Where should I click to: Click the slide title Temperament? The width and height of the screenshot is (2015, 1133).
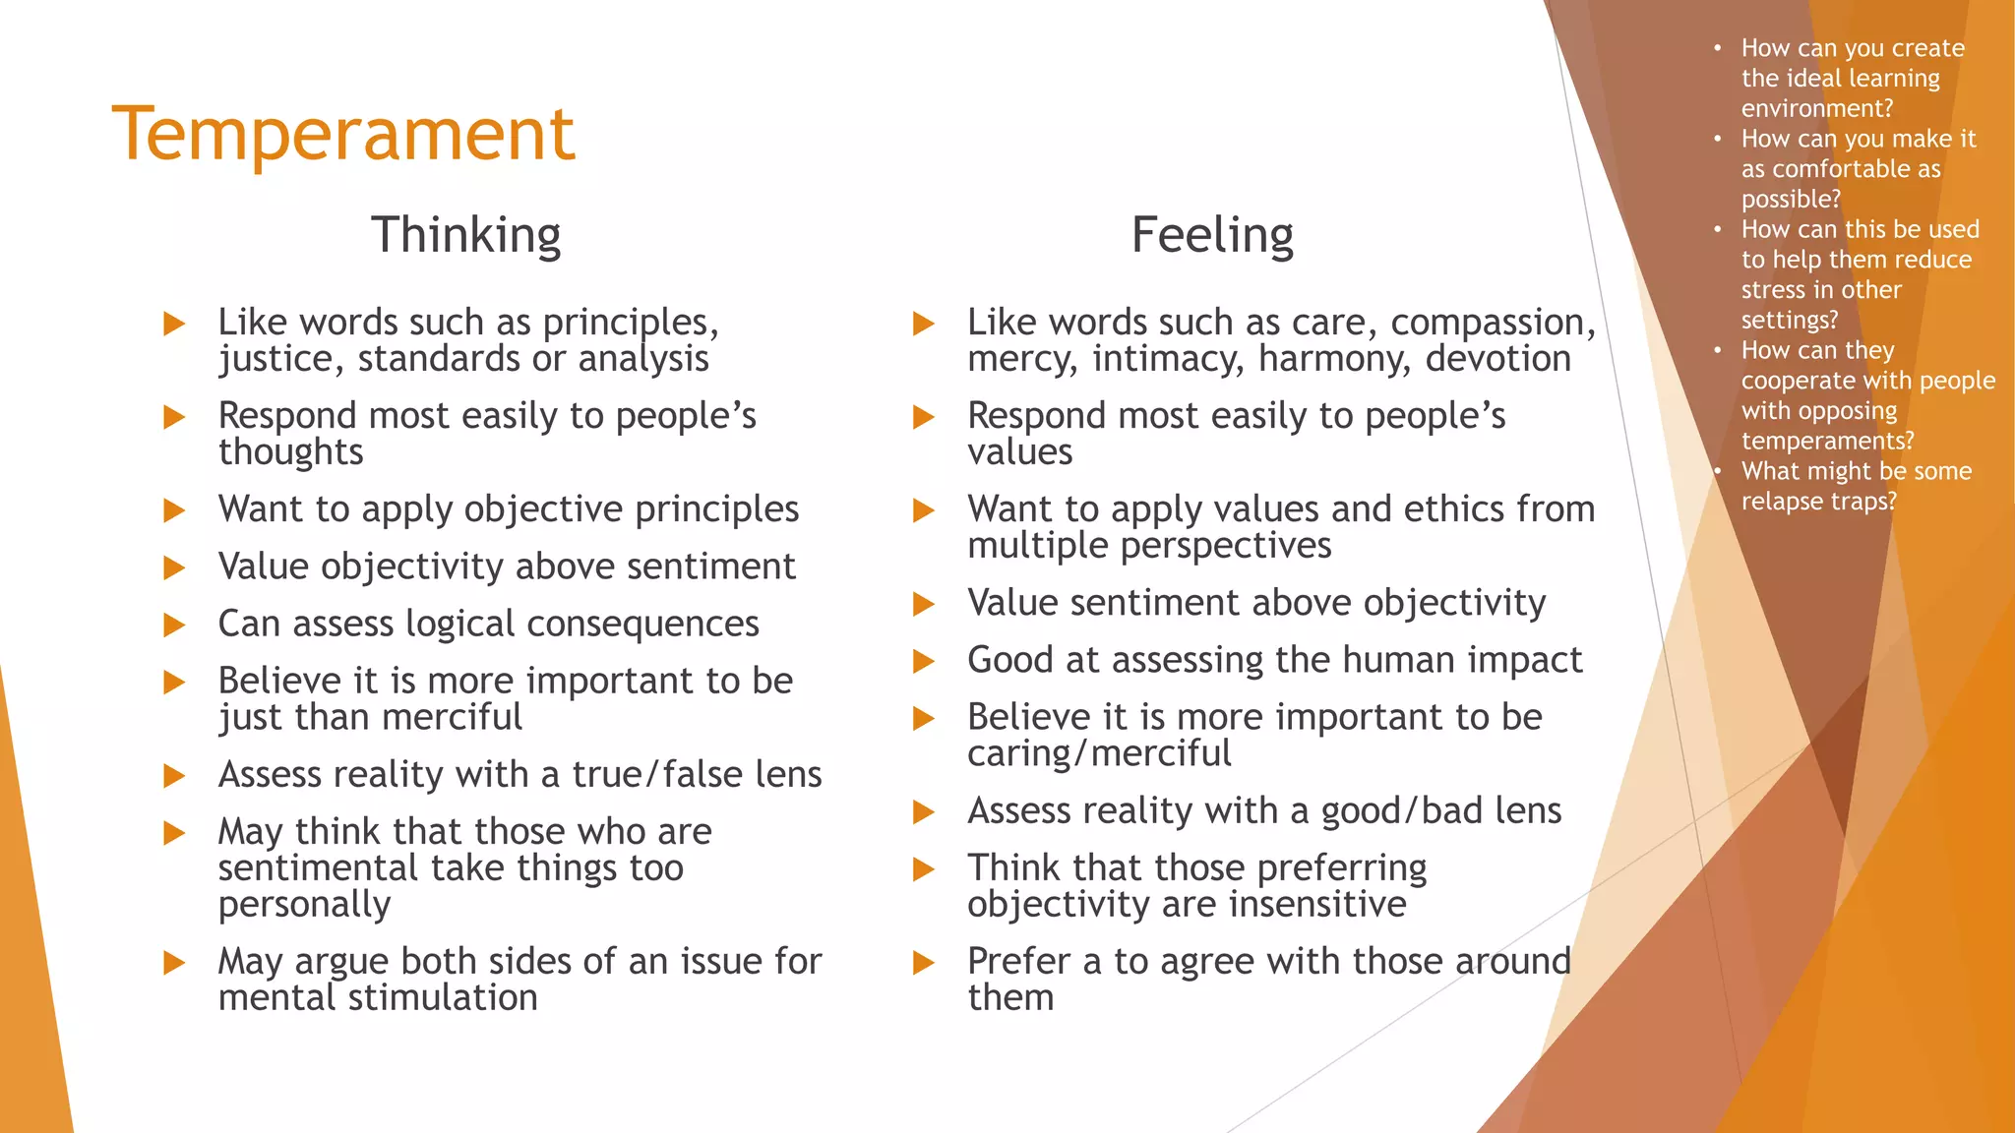(x=342, y=134)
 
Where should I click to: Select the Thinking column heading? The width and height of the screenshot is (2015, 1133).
(x=465, y=235)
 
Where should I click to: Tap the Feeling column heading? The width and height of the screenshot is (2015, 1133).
(x=1212, y=235)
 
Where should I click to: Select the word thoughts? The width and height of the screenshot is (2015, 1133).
(x=290, y=452)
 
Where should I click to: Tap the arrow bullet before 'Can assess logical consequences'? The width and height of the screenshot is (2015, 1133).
(x=174, y=625)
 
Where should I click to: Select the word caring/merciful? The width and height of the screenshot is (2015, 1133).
(x=1098, y=753)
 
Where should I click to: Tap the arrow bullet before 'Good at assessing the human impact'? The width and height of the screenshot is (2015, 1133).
(x=923, y=661)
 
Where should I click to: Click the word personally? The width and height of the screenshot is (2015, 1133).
(x=304, y=904)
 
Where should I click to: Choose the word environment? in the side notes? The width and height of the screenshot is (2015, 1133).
(x=1816, y=108)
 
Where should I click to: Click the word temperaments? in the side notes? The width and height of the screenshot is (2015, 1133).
(x=1827, y=441)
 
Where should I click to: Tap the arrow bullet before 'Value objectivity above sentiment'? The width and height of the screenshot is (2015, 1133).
(x=174, y=567)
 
